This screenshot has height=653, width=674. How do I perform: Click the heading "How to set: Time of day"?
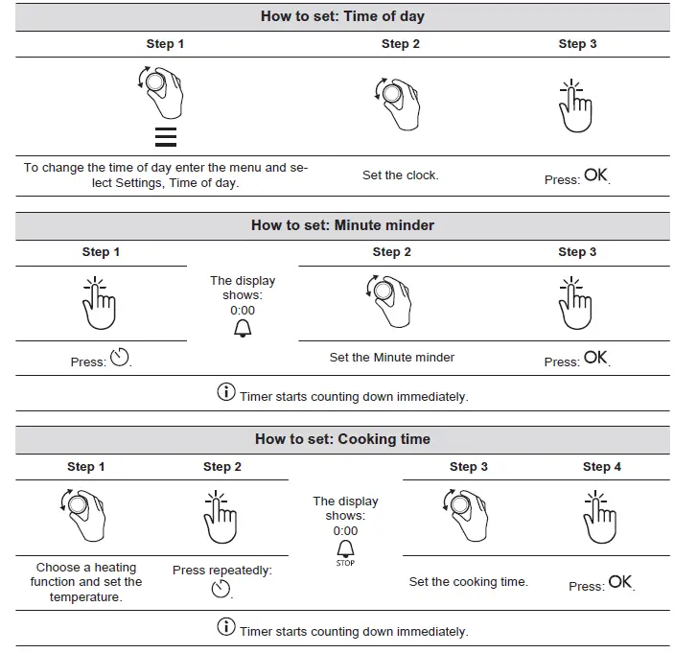[342, 16]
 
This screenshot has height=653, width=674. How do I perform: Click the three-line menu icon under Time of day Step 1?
[165, 137]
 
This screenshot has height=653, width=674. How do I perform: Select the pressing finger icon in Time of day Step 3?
[575, 106]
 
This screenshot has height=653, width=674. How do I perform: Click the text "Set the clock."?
[400, 175]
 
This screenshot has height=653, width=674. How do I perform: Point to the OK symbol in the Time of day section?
[595, 175]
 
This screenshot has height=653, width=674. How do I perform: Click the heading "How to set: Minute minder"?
[342, 225]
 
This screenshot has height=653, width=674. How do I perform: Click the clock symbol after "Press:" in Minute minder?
[120, 360]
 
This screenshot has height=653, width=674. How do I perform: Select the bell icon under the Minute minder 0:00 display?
[243, 330]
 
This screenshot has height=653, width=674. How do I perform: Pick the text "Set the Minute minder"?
[392, 357]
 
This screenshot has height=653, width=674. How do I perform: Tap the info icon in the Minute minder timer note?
[226, 392]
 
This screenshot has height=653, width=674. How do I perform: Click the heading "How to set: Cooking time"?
[342, 439]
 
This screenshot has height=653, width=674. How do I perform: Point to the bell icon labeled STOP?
[345, 550]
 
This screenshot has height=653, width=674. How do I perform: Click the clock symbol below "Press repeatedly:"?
[221, 588]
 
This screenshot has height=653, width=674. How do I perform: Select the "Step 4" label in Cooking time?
[602, 467]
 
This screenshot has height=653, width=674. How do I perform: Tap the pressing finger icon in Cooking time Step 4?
[599, 519]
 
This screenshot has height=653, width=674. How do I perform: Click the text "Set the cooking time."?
[468, 581]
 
